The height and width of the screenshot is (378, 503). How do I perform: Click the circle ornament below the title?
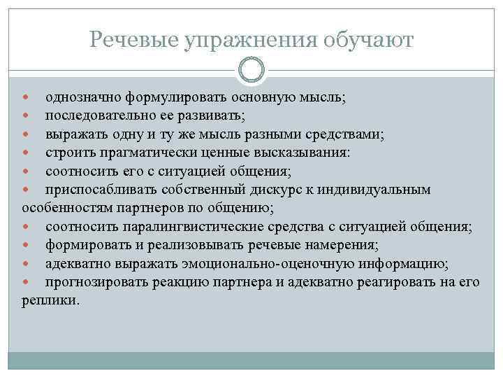tap(251, 71)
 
